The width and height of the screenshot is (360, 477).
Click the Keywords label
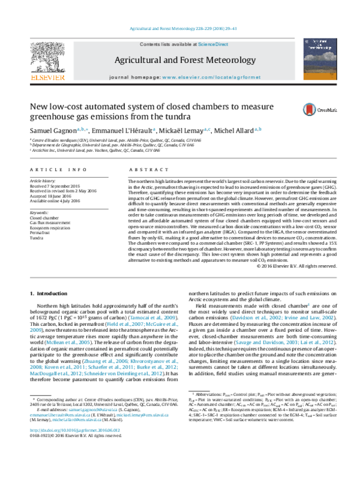pyautogui.click(x=40, y=212)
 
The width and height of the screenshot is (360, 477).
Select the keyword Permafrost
pyautogui.click(x=41, y=233)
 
